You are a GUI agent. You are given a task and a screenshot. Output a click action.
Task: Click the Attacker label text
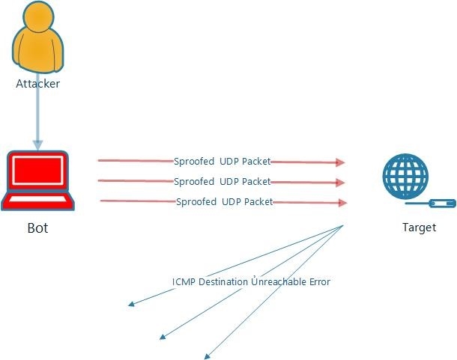pyautogui.click(x=37, y=84)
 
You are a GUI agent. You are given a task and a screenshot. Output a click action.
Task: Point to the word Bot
pyautogui.click(x=37, y=228)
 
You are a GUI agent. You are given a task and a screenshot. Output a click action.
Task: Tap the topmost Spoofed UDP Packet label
pyautogui.click(x=222, y=161)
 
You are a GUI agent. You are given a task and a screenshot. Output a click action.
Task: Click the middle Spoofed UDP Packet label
pyautogui.click(x=222, y=181)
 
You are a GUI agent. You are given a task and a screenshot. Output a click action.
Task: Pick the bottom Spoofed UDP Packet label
pyautogui.click(x=224, y=201)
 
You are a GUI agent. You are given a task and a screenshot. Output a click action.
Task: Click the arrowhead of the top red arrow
pyautogui.click(x=341, y=162)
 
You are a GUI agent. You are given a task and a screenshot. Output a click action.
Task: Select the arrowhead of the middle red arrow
pyautogui.click(x=341, y=183)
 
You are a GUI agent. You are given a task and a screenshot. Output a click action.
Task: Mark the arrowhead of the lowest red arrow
pyautogui.click(x=342, y=203)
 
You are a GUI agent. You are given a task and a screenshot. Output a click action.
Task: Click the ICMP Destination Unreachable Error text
pyautogui.click(x=251, y=282)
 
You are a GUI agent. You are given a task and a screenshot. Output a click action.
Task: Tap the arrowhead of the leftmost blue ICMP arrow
pyautogui.click(x=130, y=304)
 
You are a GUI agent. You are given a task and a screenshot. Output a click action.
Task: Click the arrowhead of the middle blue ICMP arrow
pyautogui.click(x=162, y=338)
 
